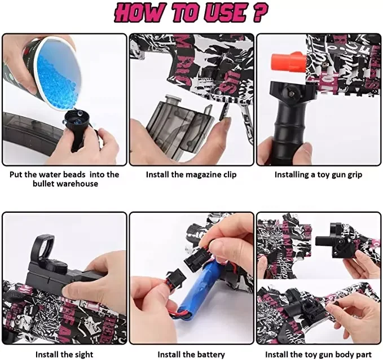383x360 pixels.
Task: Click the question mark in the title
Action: (x=260, y=12)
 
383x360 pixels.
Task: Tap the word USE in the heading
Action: (x=225, y=13)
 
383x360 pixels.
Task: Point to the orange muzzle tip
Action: (x=289, y=62)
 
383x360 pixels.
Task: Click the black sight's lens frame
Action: (x=44, y=247)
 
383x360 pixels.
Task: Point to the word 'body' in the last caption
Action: (x=344, y=354)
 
